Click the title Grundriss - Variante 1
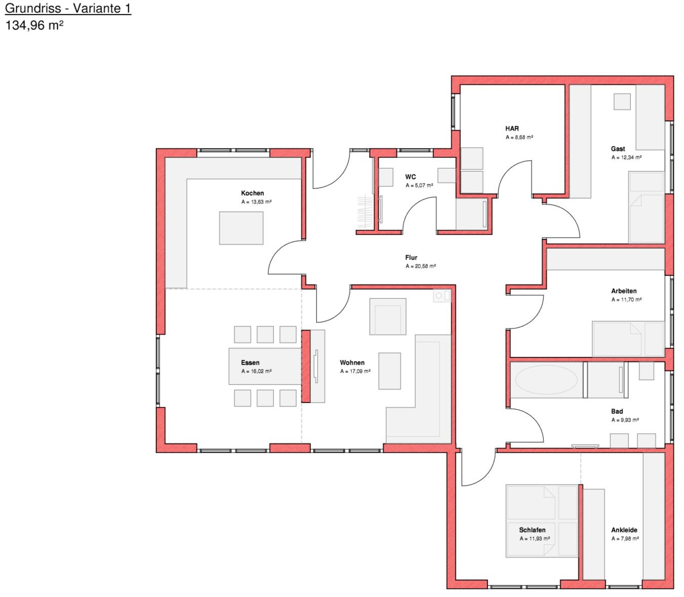(68, 9)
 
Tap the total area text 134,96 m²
(34, 25)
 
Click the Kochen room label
(253, 193)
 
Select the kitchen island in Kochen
(241, 228)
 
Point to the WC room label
(411, 177)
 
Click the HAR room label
(512, 129)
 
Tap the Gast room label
(618, 149)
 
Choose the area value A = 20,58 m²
(421, 266)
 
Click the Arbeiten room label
(624, 291)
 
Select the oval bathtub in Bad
(546, 380)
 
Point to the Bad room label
(617, 412)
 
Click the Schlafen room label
(532, 530)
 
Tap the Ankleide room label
(624, 530)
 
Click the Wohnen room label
(352, 363)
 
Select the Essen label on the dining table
(250, 363)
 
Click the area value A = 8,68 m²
(519, 137)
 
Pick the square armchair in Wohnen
(388, 316)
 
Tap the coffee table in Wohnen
(389, 371)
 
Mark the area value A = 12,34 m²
(626, 157)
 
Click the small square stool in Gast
(622, 102)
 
